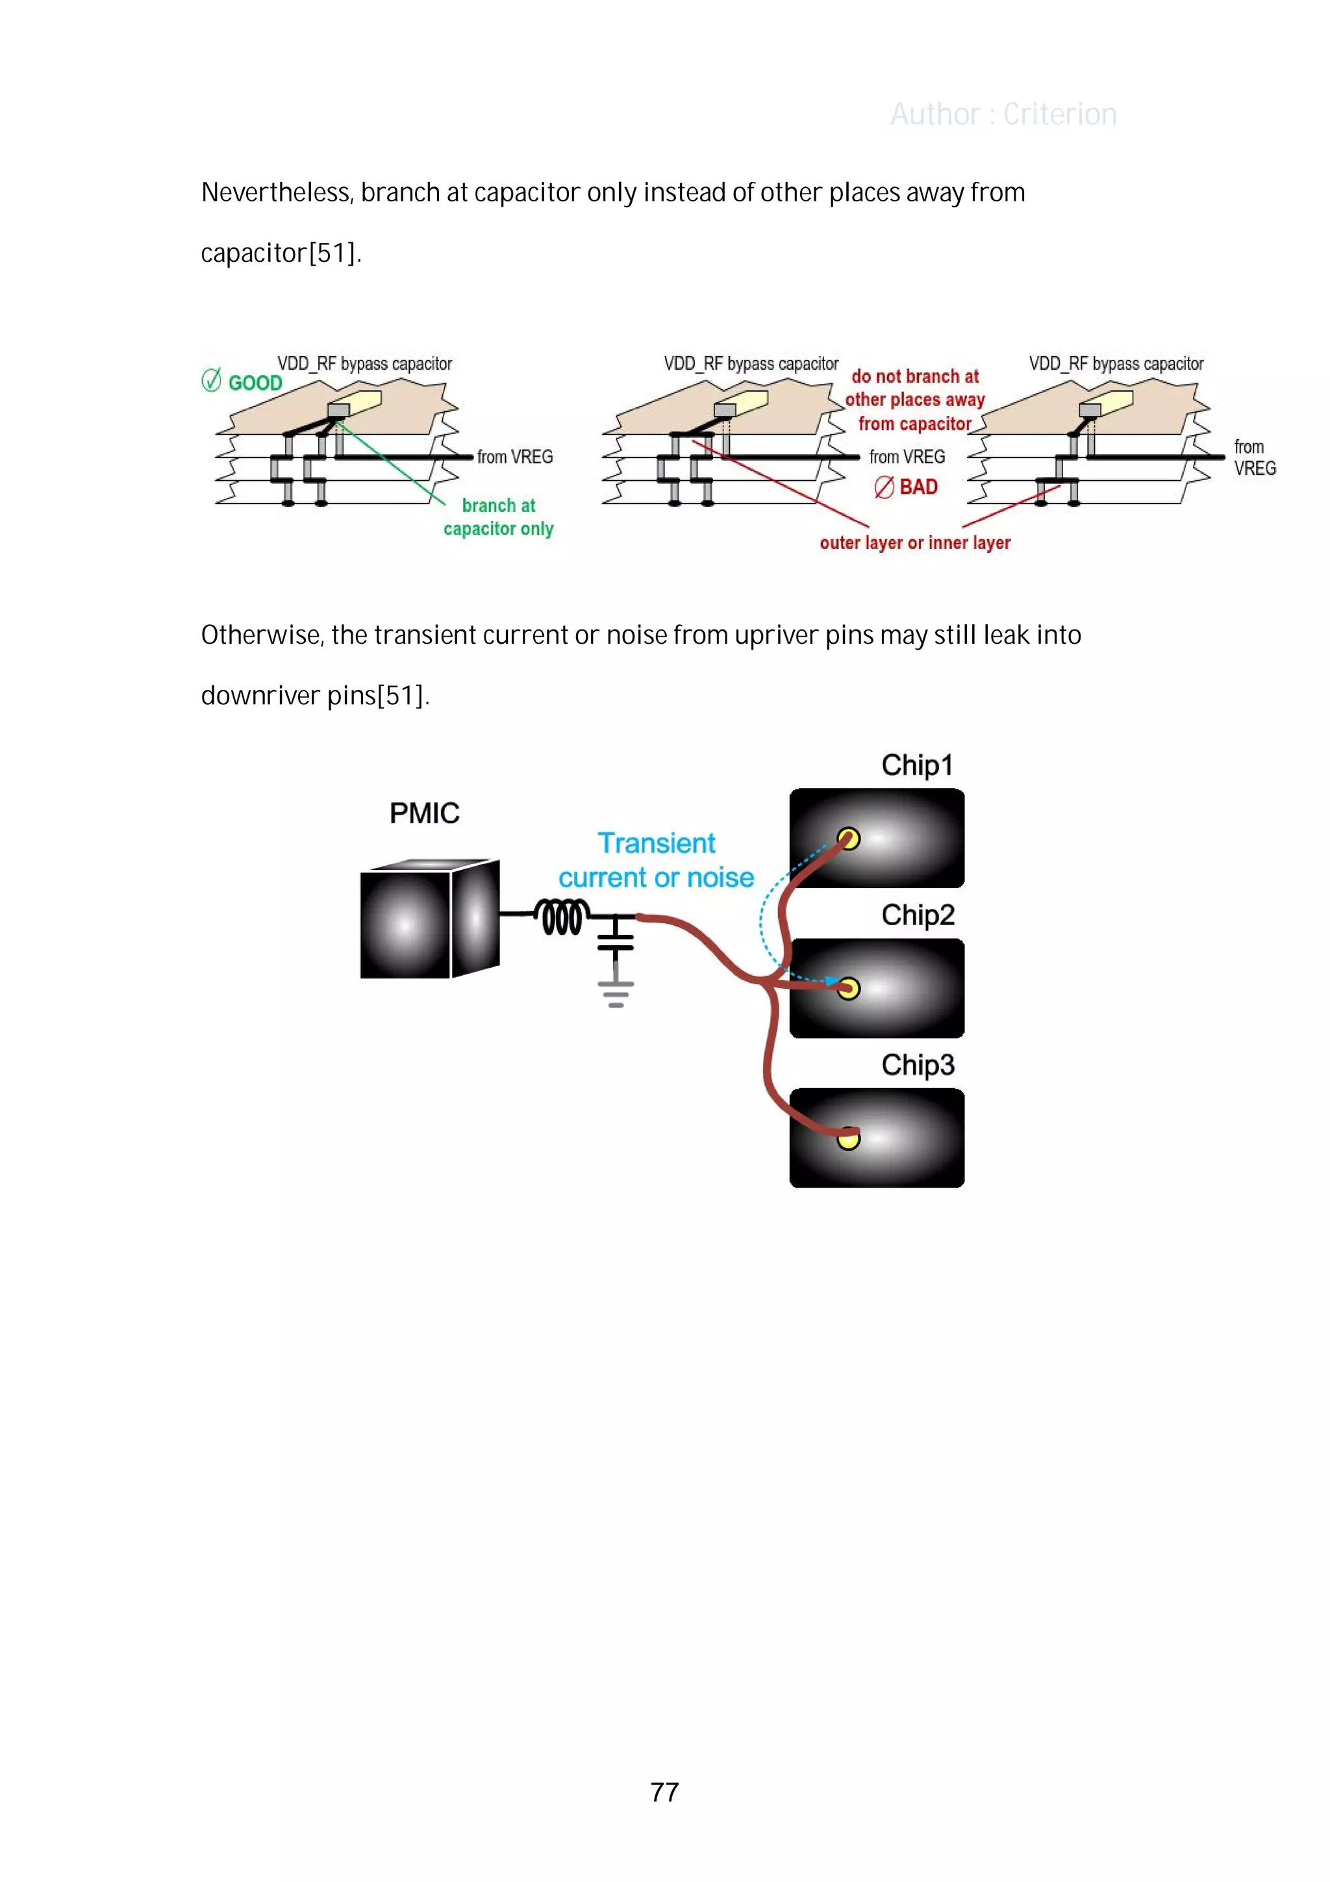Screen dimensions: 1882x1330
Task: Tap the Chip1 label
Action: [x=917, y=765]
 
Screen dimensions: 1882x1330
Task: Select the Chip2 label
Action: [x=918, y=915]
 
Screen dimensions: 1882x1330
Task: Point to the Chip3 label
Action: [x=918, y=1065]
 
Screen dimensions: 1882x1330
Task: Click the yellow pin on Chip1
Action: [x=849, y=839]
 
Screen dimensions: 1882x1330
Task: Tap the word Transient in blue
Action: [x=657, y=843]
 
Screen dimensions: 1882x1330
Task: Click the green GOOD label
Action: [x=255, y=383]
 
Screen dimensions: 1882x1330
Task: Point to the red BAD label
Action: [x=918, y=487]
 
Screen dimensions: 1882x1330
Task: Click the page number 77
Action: [x=664, y=1792]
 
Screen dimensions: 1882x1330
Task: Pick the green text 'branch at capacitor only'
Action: [x=498, y=517]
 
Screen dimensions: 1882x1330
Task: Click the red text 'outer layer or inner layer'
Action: [x=914, y=542]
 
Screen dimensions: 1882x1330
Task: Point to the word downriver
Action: [x=260, y=696]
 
